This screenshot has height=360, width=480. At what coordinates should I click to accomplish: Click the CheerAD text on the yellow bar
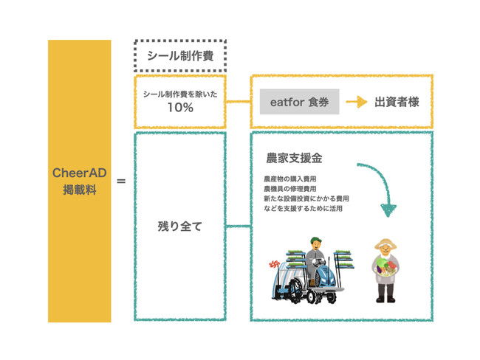[79, 173]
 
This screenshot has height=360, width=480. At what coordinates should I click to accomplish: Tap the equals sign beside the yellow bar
[121, 181]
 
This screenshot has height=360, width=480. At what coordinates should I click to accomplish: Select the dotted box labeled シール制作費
[180, 55]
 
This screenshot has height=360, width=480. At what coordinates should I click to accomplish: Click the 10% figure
[180, 108]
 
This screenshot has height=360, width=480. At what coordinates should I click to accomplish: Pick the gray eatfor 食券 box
[299, 102]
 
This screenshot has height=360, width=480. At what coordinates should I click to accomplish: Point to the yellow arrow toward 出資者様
[357, 102]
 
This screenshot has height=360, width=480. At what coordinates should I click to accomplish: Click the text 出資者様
[397, 102]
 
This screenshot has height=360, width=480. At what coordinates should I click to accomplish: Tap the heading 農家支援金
[294, 158]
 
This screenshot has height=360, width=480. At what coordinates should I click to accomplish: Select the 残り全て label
[180, 226]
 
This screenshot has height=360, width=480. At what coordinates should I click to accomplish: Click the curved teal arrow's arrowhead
[388, 210]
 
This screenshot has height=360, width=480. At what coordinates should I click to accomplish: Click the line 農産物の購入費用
[290, 179]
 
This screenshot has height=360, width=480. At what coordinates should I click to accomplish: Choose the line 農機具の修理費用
[290, 189]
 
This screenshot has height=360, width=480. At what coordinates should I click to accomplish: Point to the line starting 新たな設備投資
[306, 198]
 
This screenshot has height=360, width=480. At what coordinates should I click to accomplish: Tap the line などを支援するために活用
[303, 208]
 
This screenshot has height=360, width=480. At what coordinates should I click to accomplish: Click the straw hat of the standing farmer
[385, 244]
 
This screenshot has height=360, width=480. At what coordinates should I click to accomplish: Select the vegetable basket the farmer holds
[385, 268]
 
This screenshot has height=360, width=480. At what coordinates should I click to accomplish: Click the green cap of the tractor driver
[315, 240]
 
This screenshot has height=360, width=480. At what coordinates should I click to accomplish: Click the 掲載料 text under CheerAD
[80, 190]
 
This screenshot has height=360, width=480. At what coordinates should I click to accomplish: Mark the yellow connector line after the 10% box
[239, 102]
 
